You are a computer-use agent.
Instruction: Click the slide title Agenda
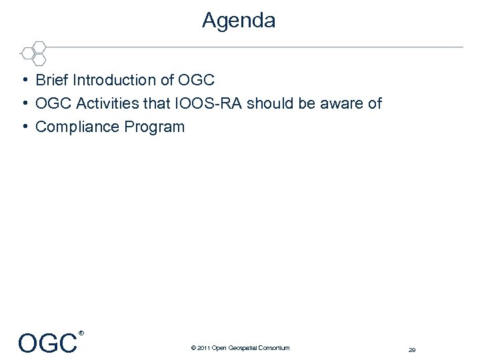click(x=239, y=21)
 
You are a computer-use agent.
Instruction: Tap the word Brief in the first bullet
click(x=52, y=81)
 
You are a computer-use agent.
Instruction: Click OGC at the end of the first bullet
click(x=196, y=81)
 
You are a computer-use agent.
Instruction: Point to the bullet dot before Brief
click(x=24, y=81)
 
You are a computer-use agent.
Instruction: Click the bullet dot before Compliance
click(x=24, y=127)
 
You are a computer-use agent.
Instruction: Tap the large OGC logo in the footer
click(x=47, y=343)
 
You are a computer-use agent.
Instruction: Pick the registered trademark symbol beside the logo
click(x=81, y=333)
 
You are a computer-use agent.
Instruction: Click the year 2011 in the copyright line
click(x=203, y=348)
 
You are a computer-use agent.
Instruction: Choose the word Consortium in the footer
click(x=275, y=348)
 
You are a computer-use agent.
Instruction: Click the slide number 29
click(x=412, y=349)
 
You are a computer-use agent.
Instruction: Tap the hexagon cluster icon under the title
click(x=33, y=52)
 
